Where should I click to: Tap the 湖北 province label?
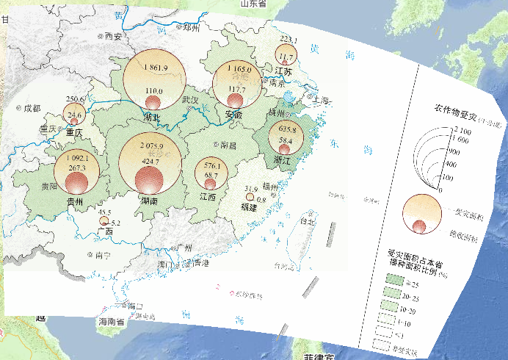(x=153, y=117)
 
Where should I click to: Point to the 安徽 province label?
(x=233, y=115)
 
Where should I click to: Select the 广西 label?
(x=105, y=231)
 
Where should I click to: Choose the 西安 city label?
(x=112, y=35)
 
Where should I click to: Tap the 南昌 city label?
(x=228, y=145)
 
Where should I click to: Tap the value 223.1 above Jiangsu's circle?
(x=289, y=40)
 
